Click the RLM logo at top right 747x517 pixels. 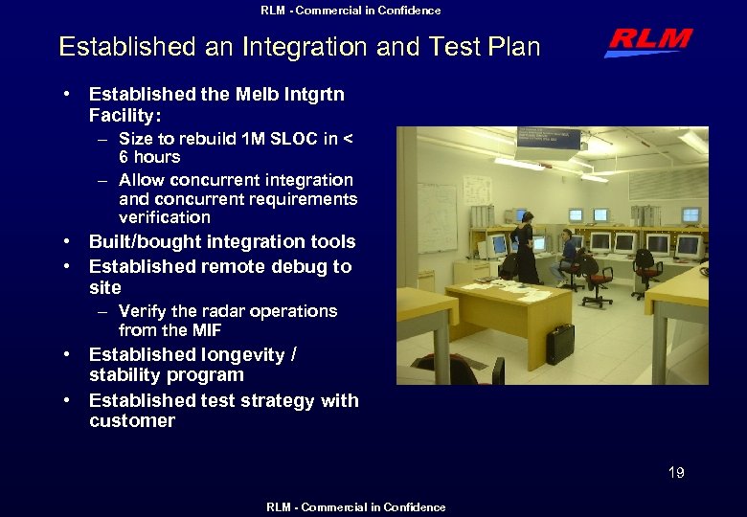(x=648, y=42)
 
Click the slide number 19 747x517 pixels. (x=676, y=472)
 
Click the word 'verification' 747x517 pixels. (x=164, y=217)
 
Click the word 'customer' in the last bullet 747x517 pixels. (x=132, y=421)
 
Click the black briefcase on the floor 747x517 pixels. (x=559, y=343)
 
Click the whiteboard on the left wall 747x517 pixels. (x=436, y=216)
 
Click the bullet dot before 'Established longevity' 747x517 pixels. (x=67, y=355)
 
